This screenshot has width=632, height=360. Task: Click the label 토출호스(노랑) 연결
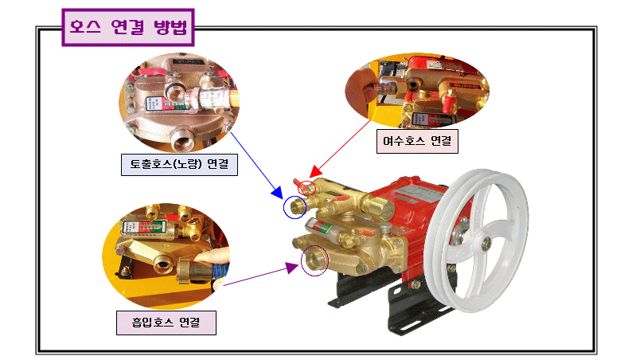click(x=179, y=165)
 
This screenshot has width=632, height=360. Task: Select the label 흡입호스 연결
click(x=166, y=323)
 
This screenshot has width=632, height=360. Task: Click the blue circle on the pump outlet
click(x=296, y=207)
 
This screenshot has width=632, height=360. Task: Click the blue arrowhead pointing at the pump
click(x=279, y=194)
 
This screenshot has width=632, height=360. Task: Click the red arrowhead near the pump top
click(x=314, y=172)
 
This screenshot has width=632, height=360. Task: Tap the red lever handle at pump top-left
click(x=301, y=184)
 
